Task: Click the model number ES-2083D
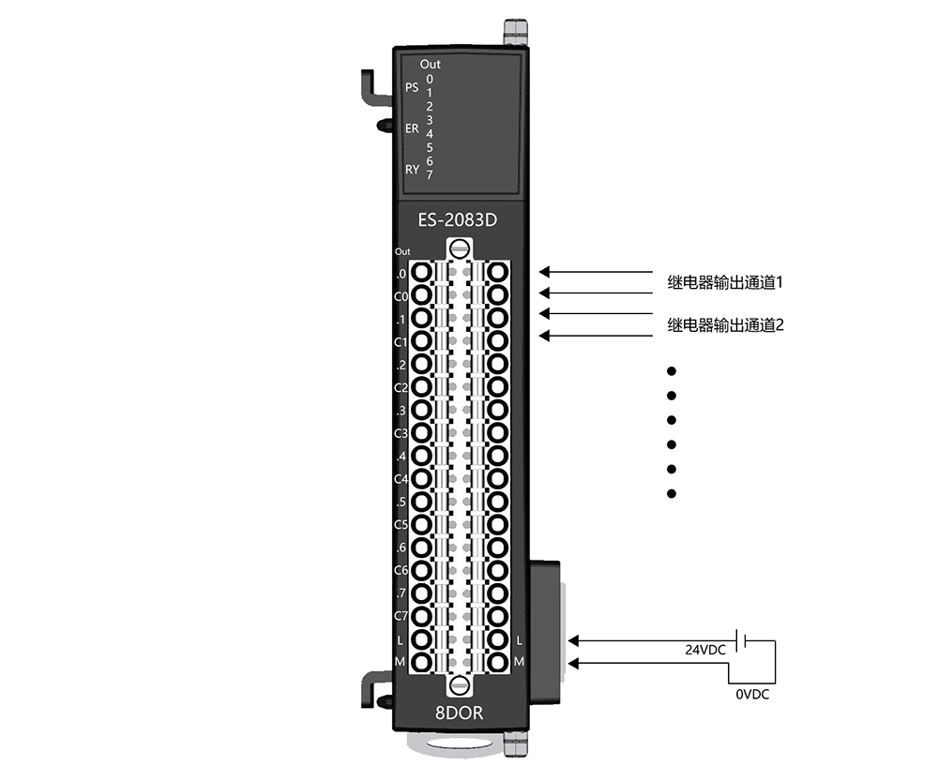458,220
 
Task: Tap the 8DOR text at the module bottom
459,713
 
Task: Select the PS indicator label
412,87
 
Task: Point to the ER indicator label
412,128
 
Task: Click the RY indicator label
412,170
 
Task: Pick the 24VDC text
705,650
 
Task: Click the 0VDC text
752,695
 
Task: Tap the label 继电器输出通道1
725,282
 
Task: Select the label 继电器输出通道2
725,325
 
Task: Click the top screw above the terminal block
460,248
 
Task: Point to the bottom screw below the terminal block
460,685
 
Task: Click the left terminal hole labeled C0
422,295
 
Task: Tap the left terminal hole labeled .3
422,410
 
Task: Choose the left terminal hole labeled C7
422,616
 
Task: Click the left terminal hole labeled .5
422,501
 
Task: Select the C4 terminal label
401,479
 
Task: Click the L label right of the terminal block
519,640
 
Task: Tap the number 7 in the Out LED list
430,174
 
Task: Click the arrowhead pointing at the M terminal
573,663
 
